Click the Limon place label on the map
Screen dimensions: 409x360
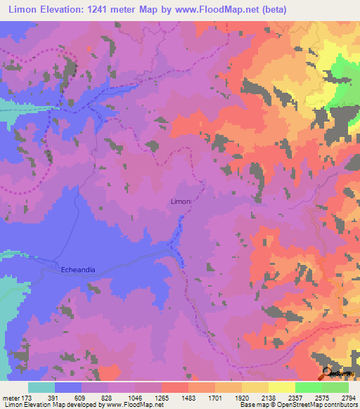click(181, 202)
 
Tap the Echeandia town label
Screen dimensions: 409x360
click(78, 268)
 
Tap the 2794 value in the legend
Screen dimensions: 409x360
click(349, 398)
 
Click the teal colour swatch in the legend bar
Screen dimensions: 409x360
click(41, 387)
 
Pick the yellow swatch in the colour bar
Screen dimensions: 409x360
click(282, 387)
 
